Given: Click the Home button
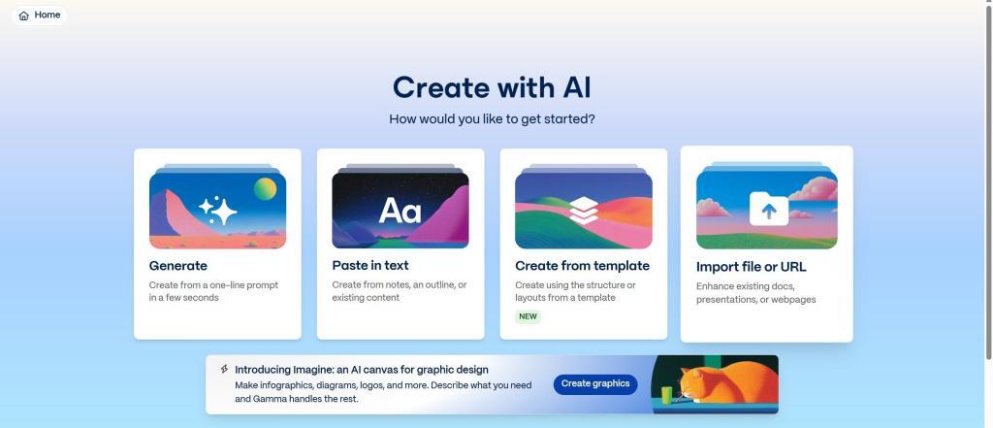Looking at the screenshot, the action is point(39,16).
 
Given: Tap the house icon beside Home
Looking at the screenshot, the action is point(24,16).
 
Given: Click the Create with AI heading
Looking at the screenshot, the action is point(492,87).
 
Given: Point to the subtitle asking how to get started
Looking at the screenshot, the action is point(492,119).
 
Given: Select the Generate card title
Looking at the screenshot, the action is point(178,266).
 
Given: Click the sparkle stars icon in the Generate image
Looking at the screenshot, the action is point(218,210).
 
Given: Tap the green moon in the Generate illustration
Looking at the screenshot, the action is point(266,188).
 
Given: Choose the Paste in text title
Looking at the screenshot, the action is point(370,266).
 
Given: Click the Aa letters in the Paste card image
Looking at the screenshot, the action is point(400,210).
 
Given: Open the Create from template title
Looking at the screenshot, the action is point(582,266).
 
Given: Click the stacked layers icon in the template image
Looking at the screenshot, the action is point(583,210).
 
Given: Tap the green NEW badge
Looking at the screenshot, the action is point(528,316).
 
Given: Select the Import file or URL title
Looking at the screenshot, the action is point(752,267).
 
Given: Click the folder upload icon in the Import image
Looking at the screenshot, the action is point(769,209).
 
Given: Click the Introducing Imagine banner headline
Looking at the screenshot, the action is point(362,370).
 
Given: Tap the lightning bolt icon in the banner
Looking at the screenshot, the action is point(224,369).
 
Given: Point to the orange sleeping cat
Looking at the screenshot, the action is point(728,381).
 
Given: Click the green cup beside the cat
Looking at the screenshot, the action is point(666,395).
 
